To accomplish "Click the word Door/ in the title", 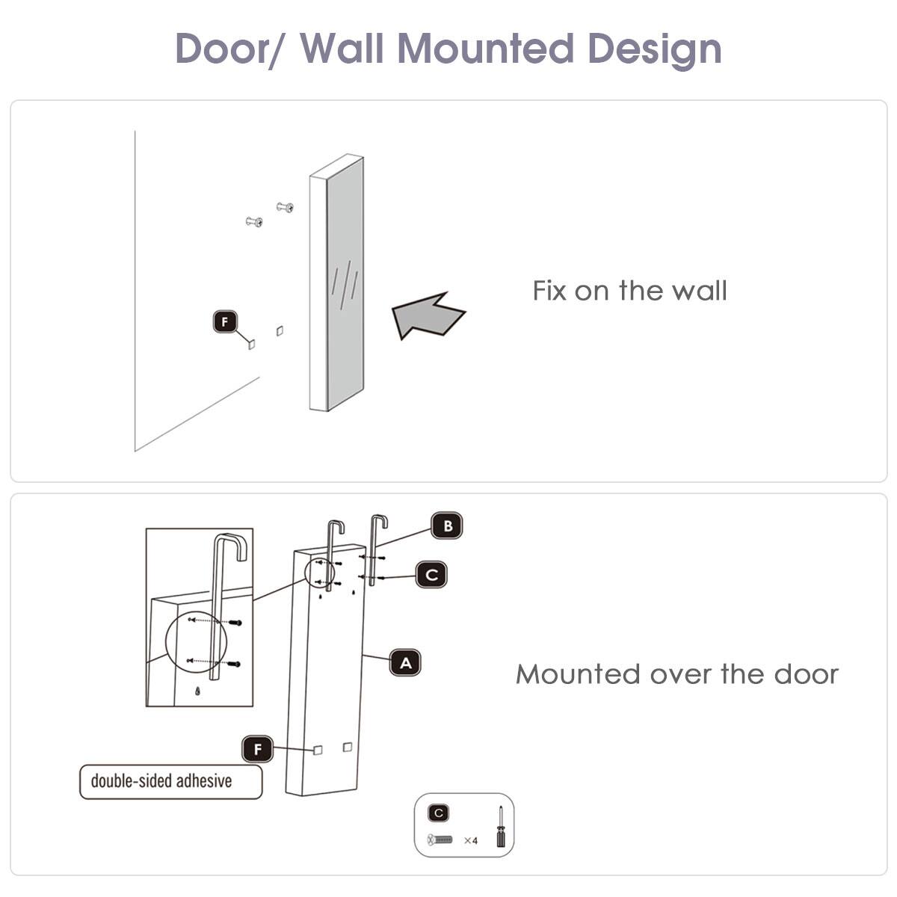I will point(229,49).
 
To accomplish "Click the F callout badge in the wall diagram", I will point(225,322).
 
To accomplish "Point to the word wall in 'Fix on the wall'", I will point(699,291).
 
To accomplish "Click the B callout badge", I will point(447,526).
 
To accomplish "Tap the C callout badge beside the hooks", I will point(431,575).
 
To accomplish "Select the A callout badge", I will point(405,663).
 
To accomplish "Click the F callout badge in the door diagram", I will point(258,749).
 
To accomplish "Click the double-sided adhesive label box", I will point(171,782).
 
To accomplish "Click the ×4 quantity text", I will point(470,841).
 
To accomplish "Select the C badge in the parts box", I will point(439,813).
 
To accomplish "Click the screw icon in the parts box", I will point(440,840).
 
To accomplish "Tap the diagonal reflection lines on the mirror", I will point(345,283).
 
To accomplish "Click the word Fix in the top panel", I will point(549,291).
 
